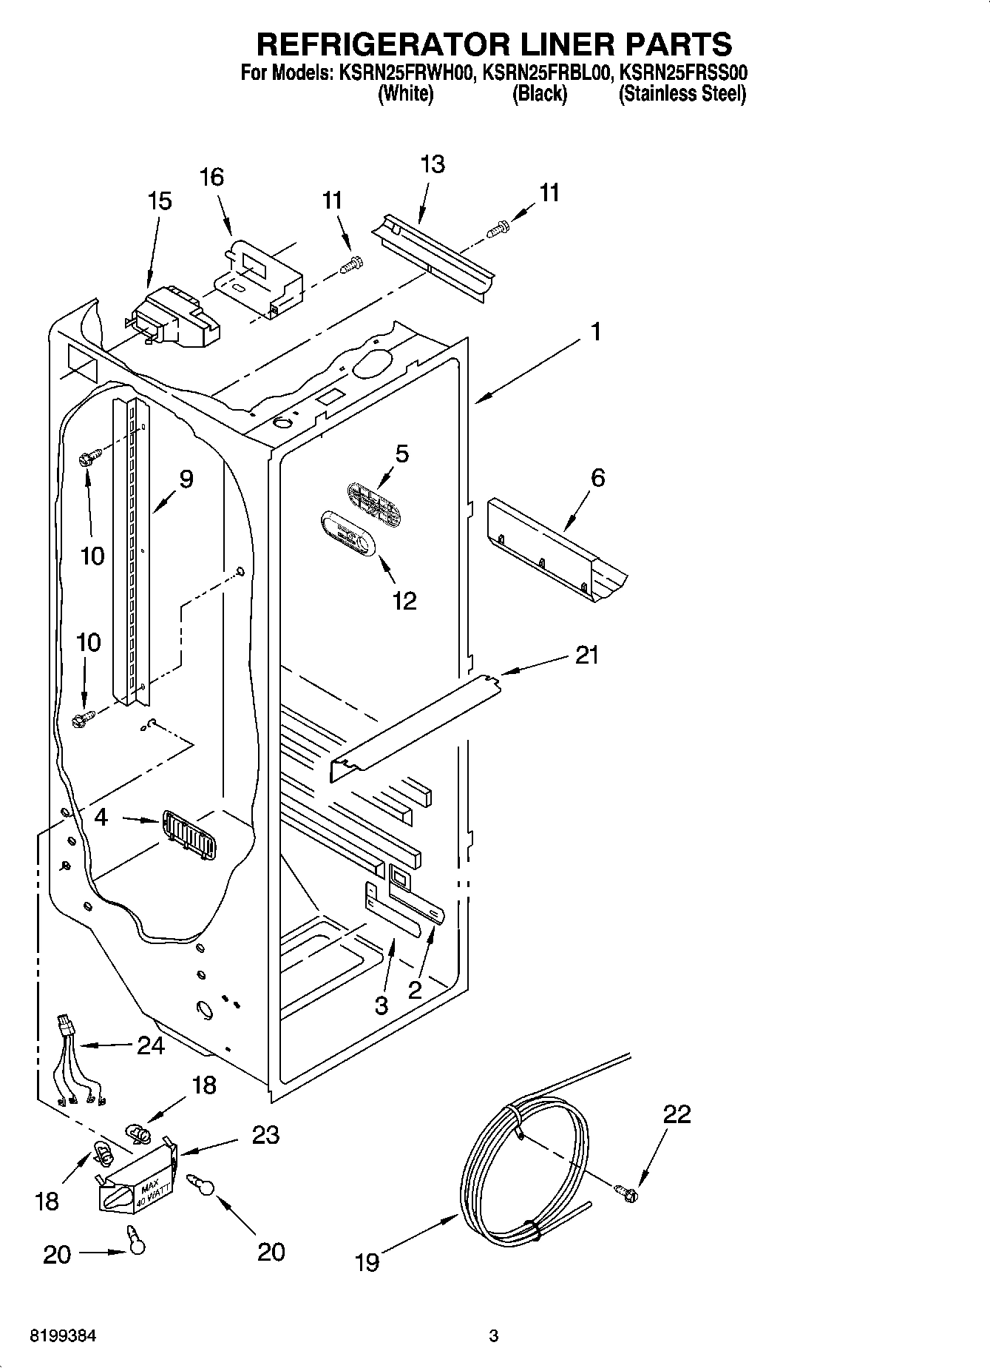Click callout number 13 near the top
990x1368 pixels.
tap(433, 164)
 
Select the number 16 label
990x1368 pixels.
tap(211, 178)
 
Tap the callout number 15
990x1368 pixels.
tap(160, 201)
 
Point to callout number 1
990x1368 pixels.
tap(595, 331)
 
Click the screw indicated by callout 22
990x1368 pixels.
tap(627, 1192)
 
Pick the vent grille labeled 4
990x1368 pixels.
tap(189, 835)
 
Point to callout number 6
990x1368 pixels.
tap(597, 478)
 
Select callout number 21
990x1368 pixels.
tap(586, 655)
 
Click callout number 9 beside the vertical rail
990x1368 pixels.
tap(186, 479)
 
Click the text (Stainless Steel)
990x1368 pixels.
tap(682, 94)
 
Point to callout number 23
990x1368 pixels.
tap(265, 1135)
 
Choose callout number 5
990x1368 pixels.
tap(401, 454)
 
